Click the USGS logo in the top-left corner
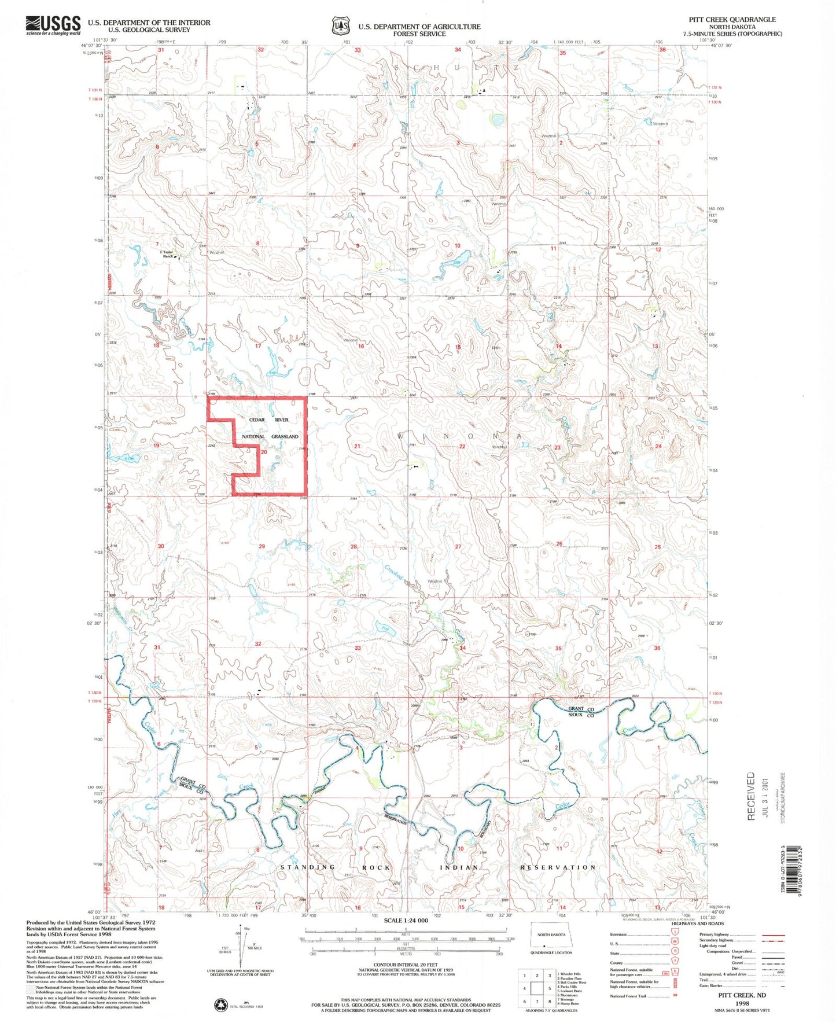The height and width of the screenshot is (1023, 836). (53, 25)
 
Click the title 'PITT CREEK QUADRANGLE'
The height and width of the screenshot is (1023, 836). (732, 19)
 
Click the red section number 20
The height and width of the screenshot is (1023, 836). (264, 452)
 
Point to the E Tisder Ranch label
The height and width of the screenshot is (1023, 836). (167, 255)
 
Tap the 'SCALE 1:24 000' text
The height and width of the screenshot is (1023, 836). (406, 920)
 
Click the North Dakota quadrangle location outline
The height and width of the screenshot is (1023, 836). (551, 936)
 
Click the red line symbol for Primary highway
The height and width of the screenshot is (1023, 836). (773, 935)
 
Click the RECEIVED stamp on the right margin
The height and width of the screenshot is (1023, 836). (751, 796)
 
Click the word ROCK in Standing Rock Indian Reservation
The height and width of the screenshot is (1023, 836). (377, 867)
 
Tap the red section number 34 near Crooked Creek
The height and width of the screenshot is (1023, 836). (462, 648)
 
